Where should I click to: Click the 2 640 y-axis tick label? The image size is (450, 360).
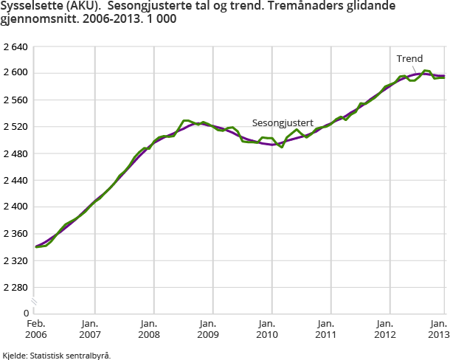[15, 46]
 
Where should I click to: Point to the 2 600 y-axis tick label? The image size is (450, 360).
[15, 73]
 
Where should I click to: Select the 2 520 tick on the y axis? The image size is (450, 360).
[15, 127]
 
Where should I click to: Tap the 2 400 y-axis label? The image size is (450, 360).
[15, 207]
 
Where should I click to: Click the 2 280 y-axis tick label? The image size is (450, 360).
[15, 287]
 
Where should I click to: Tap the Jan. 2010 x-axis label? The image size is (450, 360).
[267, 329]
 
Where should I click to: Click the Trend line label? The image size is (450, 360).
[409, 58]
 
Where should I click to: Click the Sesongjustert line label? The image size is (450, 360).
[283, 122]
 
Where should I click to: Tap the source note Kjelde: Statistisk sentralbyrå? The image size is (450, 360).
[57, 355]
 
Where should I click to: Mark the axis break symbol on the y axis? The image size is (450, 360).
[33, 302]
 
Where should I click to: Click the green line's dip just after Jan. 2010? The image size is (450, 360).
[281, 147]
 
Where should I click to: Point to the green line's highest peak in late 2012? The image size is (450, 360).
[426, 70]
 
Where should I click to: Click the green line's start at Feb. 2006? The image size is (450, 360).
[35, 246]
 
